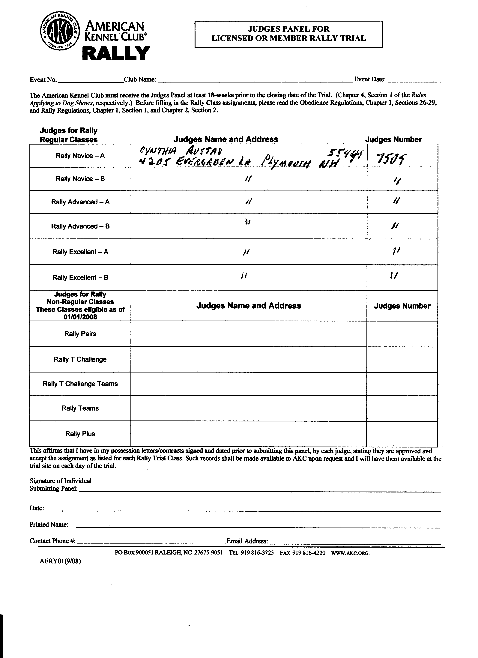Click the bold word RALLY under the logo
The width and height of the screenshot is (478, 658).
tap(116, 54)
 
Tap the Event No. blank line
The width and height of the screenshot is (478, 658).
tap(91, 81)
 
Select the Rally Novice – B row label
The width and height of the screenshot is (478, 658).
tap(80, 179)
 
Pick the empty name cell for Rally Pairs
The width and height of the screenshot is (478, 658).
tap(249, 334)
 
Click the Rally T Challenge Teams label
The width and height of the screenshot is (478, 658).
tap(80, 384)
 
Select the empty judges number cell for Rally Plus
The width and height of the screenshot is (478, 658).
tap(402, 434)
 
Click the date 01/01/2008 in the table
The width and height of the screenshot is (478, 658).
tap(80, 317)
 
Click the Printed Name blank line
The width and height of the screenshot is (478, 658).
tap(258, 526)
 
